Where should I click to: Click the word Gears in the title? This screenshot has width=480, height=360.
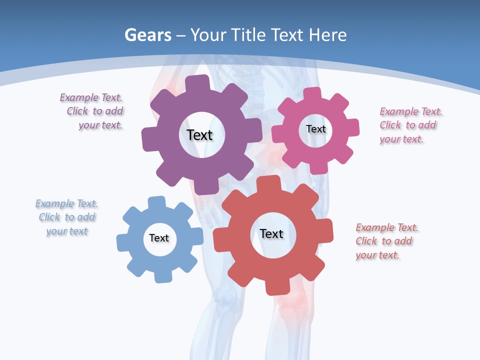click(148, 35)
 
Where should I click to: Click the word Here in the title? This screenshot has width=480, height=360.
click(327, 35)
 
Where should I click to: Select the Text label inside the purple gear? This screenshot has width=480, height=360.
click(199, 135)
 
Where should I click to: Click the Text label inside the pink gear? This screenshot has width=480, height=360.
click(315, 129)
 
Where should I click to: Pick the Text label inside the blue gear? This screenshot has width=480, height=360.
click(159, 238)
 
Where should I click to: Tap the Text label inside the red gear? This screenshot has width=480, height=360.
click(271, 233)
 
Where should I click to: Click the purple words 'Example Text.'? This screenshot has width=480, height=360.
click(91, 97)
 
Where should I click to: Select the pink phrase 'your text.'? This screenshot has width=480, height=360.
click(401, 139)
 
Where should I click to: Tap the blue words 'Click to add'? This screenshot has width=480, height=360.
click(67, 217)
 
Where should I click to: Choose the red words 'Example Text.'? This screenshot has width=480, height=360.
click(387, 227)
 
